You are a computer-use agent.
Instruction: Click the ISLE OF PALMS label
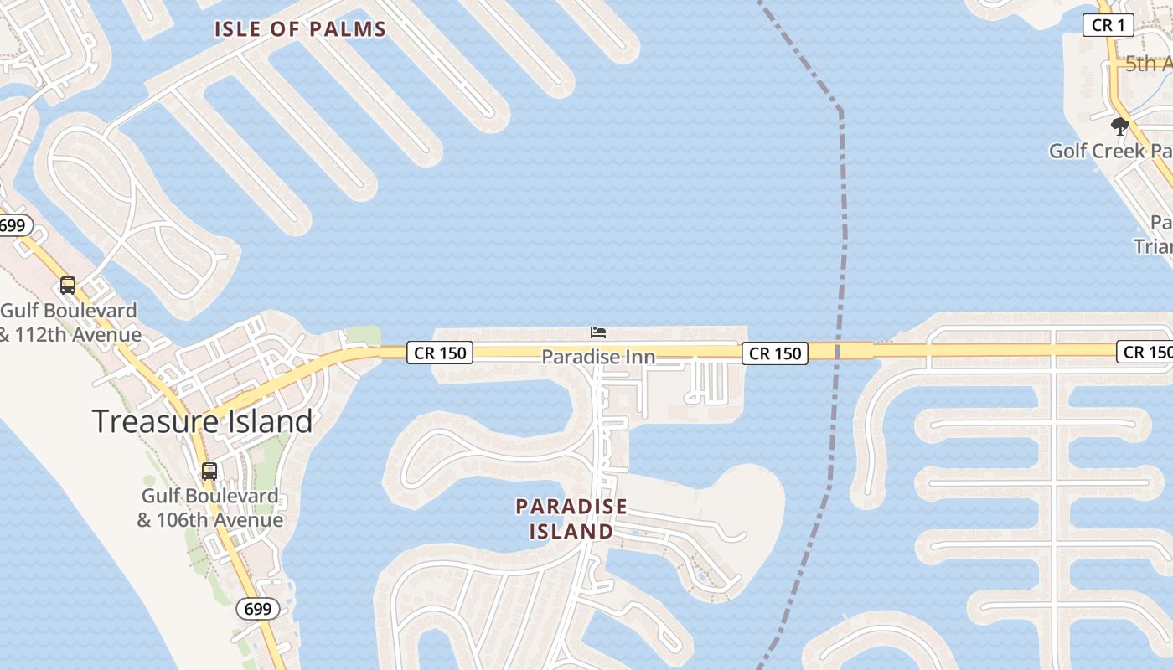point(300,29)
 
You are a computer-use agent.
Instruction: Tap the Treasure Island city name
point(202,420)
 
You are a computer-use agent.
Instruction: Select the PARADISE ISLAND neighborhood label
point(571,518)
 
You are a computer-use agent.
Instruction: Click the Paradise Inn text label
point(598,357)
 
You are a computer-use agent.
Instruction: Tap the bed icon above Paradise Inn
point(598,332)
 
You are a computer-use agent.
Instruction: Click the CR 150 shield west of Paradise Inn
point(440,353)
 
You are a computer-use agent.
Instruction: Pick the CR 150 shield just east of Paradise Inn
point(775,353)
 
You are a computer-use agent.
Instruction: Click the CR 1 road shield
point(1108,25)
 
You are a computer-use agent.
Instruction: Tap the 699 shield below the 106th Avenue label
point(257,609)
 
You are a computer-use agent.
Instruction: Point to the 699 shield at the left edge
point(13,225)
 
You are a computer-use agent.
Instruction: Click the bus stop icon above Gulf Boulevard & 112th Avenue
point(68,286)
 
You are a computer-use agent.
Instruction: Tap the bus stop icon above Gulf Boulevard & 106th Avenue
point(209,472)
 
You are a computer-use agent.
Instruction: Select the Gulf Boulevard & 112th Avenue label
point(70,322)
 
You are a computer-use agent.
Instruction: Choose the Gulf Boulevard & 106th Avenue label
point(209,508)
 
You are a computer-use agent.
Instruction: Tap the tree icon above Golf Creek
point(1119,126)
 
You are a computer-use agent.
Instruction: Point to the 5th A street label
point(1148,64)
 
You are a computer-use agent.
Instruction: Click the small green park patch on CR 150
point(364,335)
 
